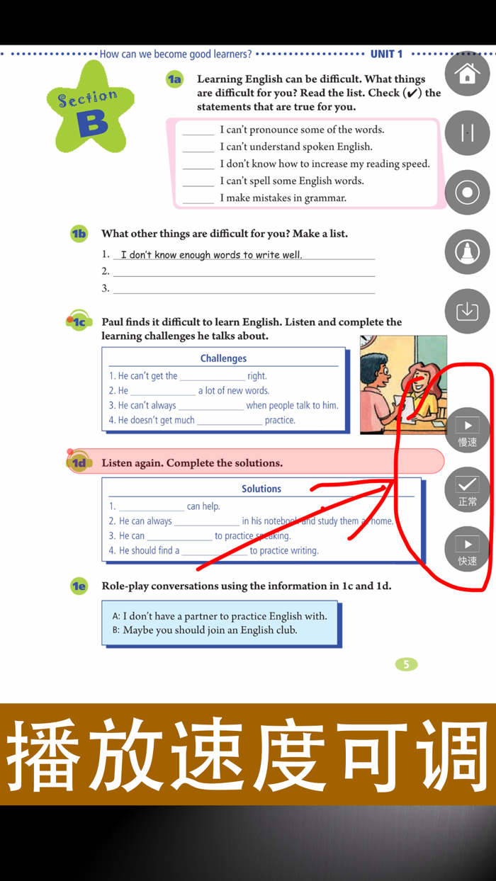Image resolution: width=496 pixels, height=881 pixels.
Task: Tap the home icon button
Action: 467,74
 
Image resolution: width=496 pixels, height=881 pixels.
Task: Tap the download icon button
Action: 467,311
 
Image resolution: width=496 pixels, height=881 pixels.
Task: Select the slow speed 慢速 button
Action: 467,431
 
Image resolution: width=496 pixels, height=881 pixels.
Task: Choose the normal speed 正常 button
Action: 467,489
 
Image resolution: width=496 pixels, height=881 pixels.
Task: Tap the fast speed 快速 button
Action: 467,549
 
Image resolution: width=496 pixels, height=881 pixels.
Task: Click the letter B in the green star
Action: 93,123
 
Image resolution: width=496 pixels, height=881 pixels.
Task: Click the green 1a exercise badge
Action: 174,80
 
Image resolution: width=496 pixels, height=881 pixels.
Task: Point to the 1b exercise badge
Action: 79,234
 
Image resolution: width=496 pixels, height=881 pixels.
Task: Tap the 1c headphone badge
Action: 79,322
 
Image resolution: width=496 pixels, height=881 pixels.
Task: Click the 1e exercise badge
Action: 79,586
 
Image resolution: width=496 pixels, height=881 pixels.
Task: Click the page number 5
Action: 406,664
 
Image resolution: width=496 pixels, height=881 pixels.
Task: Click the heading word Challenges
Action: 223,358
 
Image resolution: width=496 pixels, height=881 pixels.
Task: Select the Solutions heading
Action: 261,489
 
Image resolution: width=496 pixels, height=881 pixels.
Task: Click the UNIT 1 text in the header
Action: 386,54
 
